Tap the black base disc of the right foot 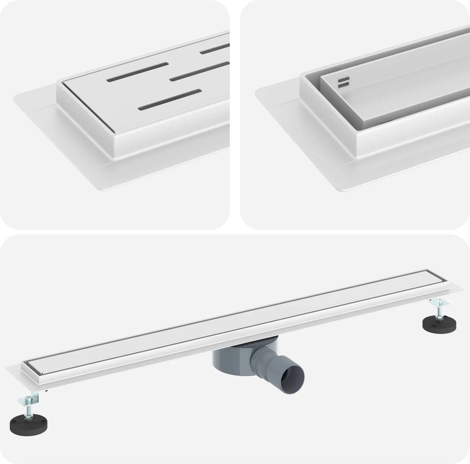point(438,323)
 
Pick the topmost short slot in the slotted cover point(215,48)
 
